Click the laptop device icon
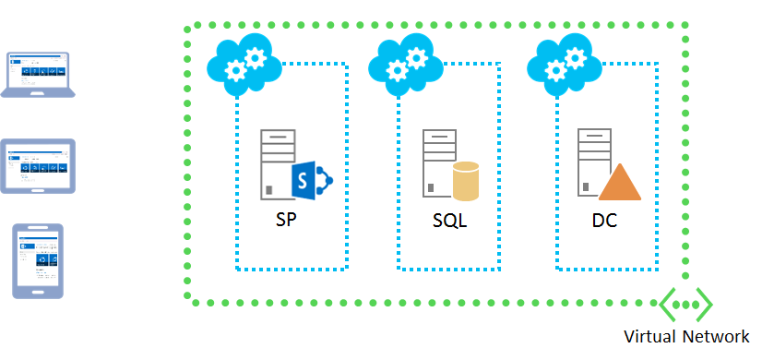click(x=39, y=74)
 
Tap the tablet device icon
click(x=39, y=166)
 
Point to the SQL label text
click(x=450, y=222)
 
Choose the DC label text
click(x=605, y=222)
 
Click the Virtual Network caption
click(x=686, y=336)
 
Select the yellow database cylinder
click(x=466, y=181)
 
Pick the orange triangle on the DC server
click(x=620, y=182)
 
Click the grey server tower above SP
click(x=276, y=162)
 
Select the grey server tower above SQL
click(x=438, y=162)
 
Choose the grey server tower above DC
click(x=592, y=162)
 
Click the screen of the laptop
click(x=39, y=69)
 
